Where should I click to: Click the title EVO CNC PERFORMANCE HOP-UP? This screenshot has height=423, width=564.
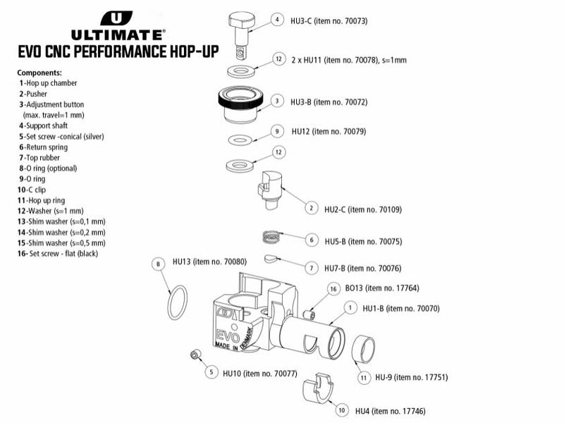point(118,52)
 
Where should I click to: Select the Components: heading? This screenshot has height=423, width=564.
point(39,73)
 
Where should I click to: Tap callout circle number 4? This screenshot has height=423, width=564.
point(277,20)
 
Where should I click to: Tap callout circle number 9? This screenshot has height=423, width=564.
point(277,132)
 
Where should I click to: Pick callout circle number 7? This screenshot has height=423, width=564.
point(309,268)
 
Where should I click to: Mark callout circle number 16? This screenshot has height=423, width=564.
point(332,289)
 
